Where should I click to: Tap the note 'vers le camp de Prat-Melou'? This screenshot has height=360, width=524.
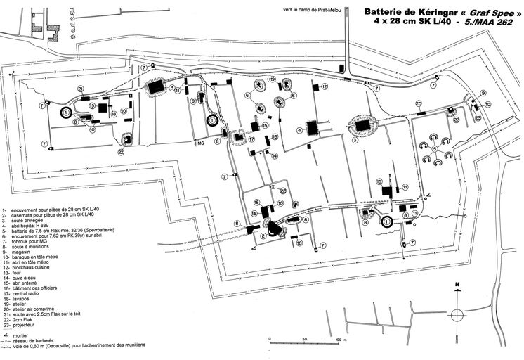point(315,9)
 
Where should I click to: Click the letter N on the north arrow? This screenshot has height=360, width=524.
point(457,286)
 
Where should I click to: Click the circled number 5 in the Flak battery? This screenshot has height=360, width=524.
point(435,149)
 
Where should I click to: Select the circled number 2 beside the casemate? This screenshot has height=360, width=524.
point(263,236)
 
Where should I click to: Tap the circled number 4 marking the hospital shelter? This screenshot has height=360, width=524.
point(300,130)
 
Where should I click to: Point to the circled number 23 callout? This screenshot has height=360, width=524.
point(477,118)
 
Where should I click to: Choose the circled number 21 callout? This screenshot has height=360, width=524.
point(81,88)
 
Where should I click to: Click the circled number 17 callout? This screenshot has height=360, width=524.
point(251,139)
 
